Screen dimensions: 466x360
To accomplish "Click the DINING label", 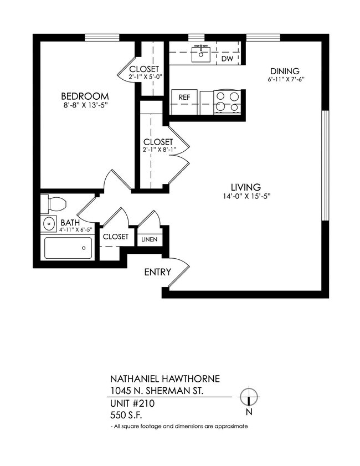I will point(285,71).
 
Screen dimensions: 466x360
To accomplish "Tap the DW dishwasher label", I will point(227,58).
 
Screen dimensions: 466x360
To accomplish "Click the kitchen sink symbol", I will point(199,54).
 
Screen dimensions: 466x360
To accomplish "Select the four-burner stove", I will point(228,101).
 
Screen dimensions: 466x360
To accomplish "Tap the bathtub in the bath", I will point(68,248).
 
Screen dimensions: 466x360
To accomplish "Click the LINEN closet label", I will point(150,239).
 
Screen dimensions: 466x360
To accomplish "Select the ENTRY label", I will point(158,272).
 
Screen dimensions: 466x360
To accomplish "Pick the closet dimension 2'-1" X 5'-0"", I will point(144,77).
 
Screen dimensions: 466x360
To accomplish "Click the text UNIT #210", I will point(132,404).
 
